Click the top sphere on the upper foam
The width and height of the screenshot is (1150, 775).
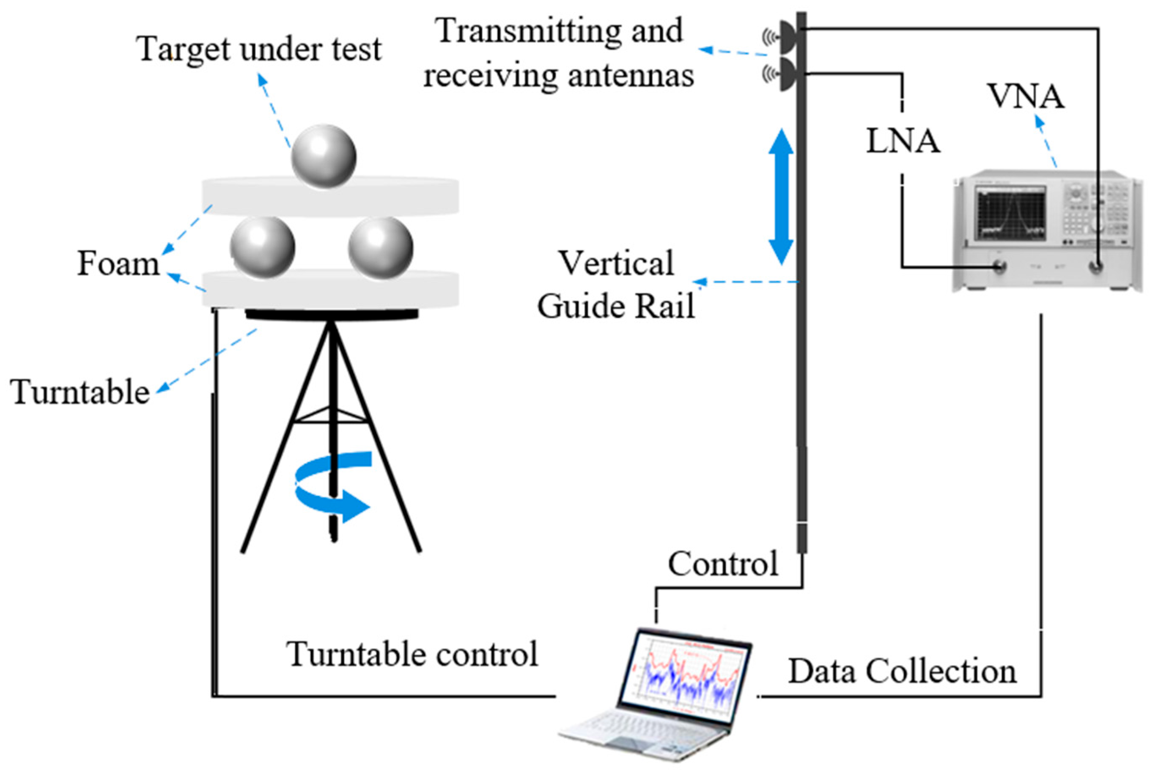click(323, 156)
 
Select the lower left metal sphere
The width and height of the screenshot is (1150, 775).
click(263, 248)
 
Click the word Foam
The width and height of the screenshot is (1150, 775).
click(118, 263)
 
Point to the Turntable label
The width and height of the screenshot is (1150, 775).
click(80, 392)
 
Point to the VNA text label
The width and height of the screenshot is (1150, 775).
click(1026, 96)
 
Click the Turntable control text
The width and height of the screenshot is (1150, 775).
click(412, 655)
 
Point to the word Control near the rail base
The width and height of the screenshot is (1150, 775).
click(723, 564)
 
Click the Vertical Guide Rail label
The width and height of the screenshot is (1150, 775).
click(616, 285)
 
